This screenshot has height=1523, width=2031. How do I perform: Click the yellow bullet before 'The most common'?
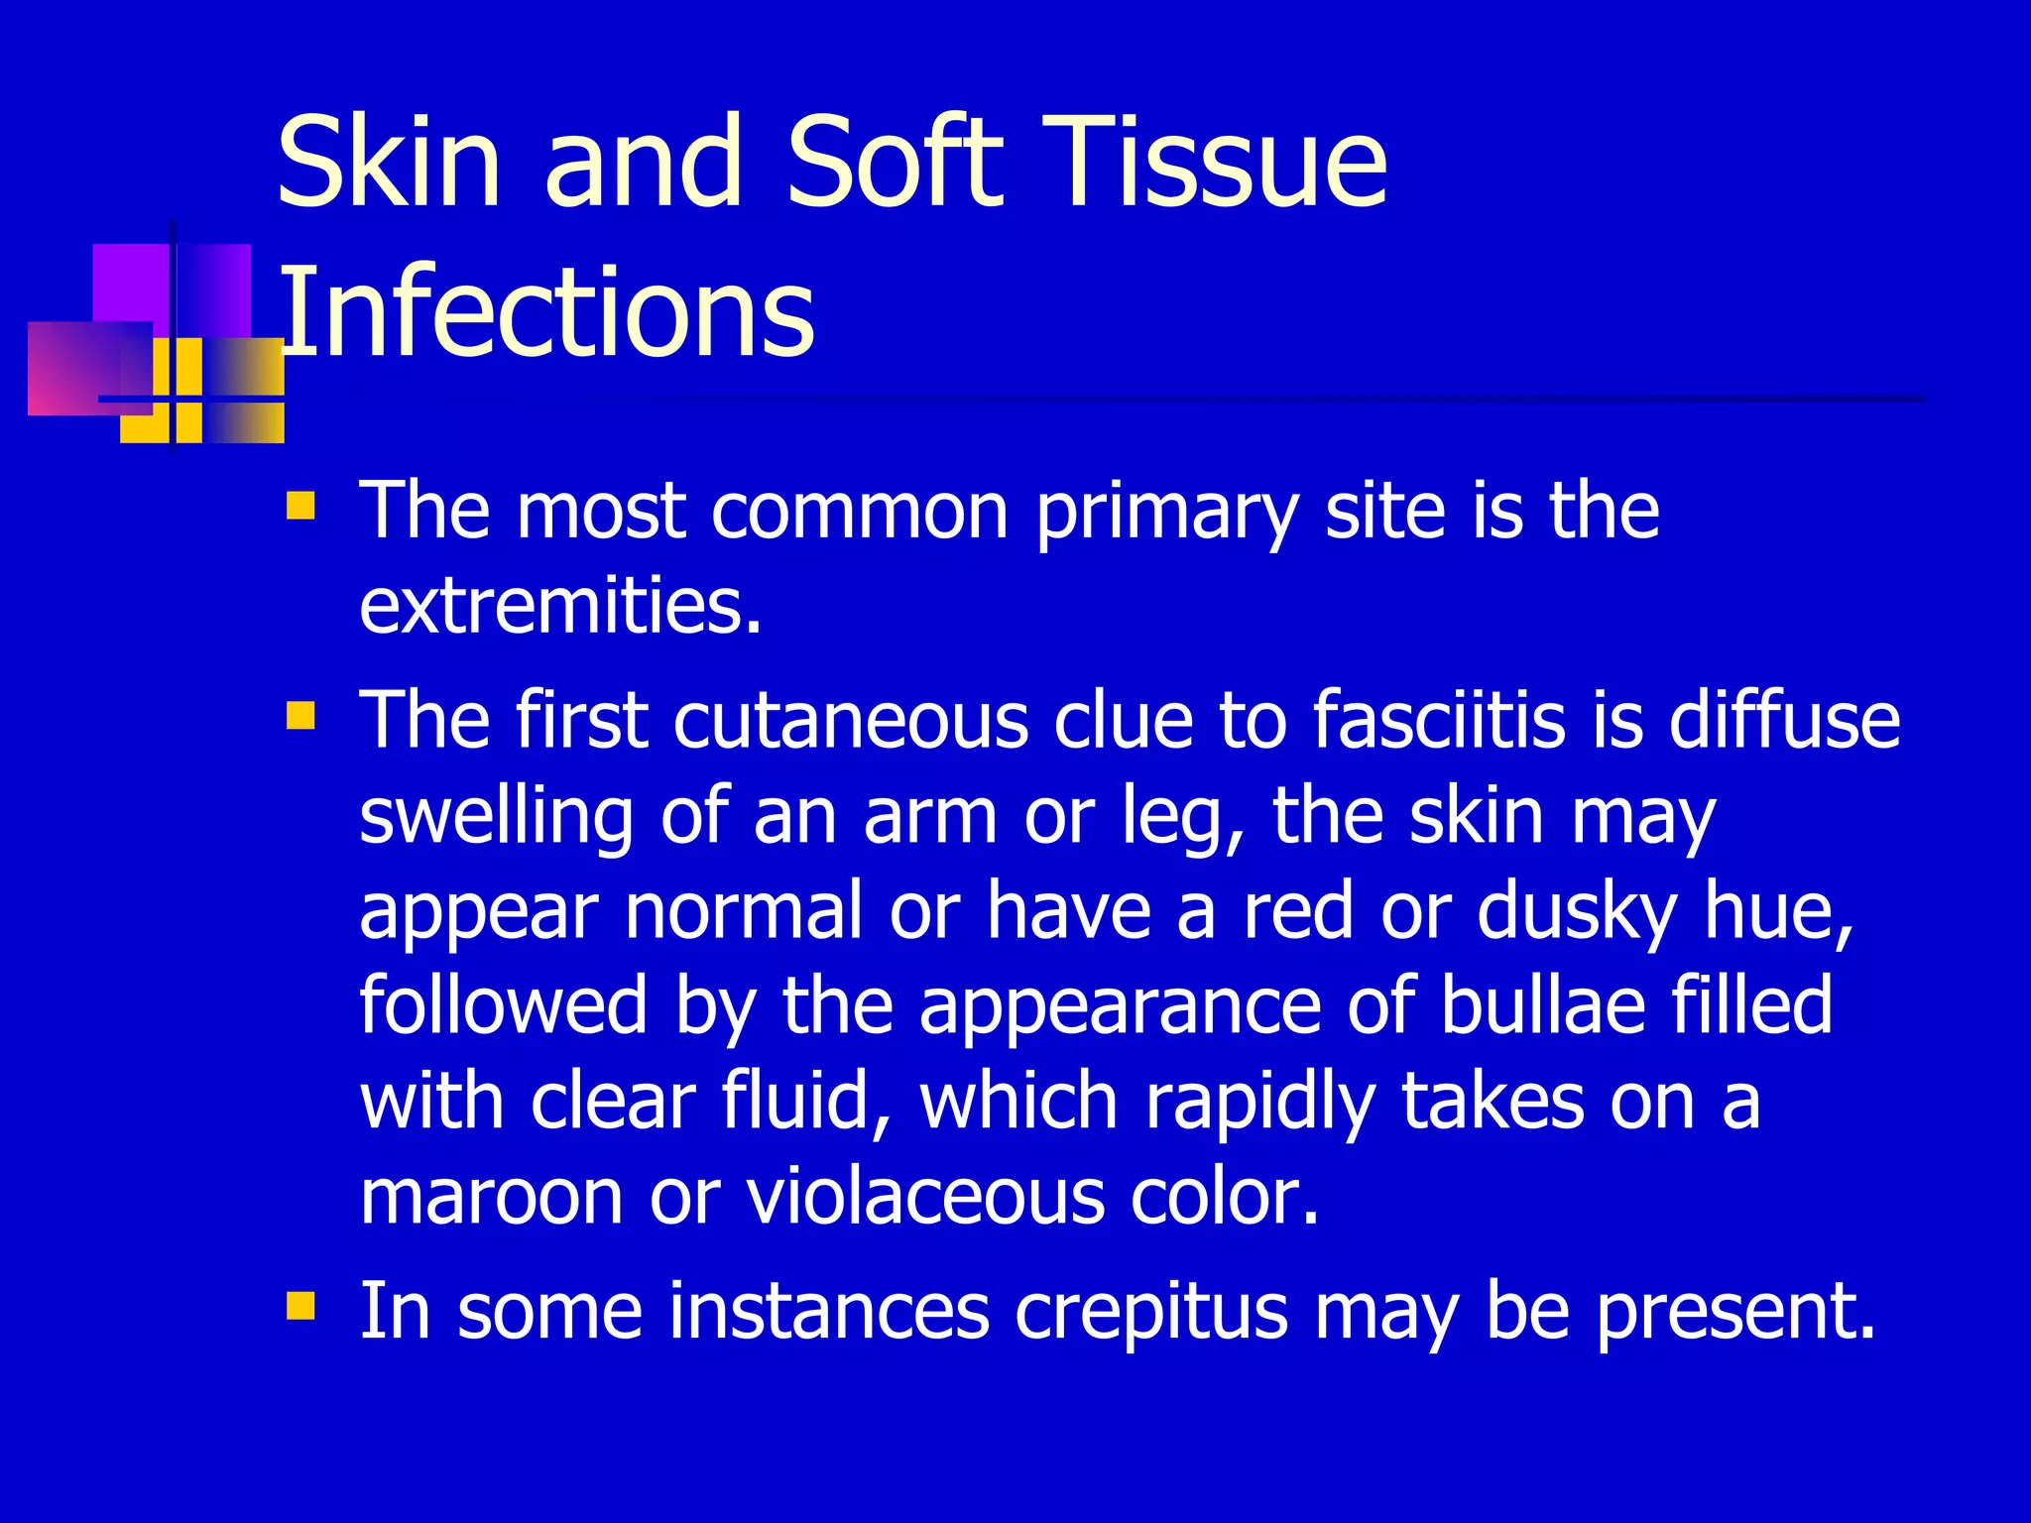[299, 507]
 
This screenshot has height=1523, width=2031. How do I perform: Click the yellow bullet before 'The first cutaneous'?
[299, 715]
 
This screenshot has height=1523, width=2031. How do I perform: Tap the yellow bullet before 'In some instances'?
[299, 1306]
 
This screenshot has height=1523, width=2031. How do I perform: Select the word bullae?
[1543, 1005]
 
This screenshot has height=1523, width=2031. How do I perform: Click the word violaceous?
[924, 1196]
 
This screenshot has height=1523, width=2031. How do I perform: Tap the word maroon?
[491, 1196]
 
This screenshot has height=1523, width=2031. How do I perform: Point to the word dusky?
[1576, 912]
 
